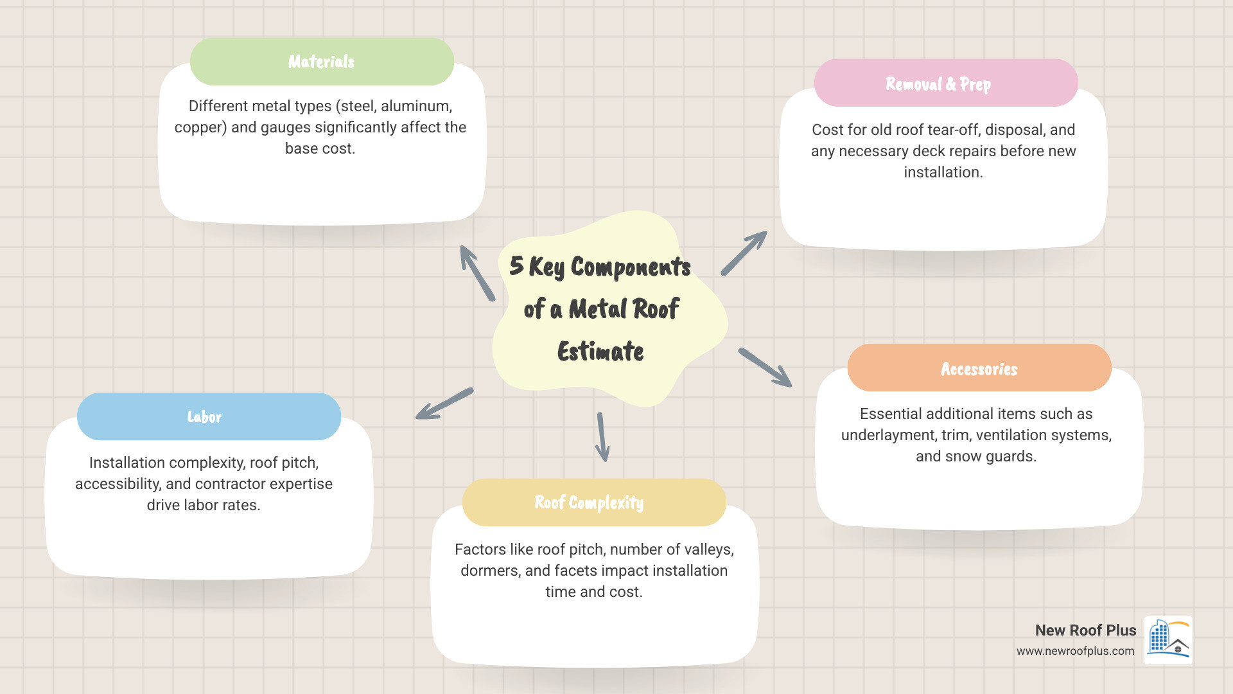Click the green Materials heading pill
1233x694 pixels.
pyautogui.click(x=322, y=61)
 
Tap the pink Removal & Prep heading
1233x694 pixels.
pyautogui.click(x=946, y=83)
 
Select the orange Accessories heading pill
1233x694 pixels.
pyautogui.click(x=979, y=368)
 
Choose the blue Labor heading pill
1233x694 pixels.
pyautogui.click(x=209, y=416)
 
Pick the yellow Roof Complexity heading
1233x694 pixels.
pyautogui.click(x=594, y=503)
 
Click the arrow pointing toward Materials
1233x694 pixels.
pyautogui.click(x=477, y=273)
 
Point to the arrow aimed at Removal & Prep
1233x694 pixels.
pyautogui.click(x=744, y=253)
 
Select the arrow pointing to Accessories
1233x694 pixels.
pyautogui.click(x=765, y=368)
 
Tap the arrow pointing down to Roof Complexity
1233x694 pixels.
pyautogui.click(x=602, y=437)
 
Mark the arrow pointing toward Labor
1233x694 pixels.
pyautogui.click(x=444, y=404)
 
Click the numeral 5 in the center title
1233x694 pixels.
pyautogui.click(x=516, y=265)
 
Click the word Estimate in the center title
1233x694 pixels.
pyautogui.click(x=600, y=351)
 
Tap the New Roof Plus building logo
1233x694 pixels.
pyautogui.click(x=1169, y=640)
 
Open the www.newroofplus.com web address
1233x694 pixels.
pyautogui.click(x=1075, y=651)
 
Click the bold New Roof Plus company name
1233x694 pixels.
pyautogui.click(x=1085, y=630)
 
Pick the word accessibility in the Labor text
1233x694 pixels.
pyautogui.click(x=118, y=485)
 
